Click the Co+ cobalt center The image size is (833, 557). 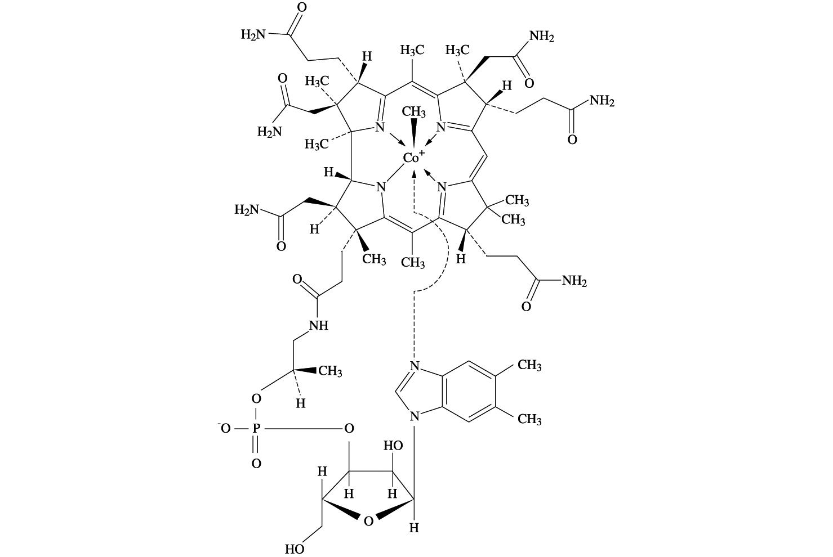pos(412,158)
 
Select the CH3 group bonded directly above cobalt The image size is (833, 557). pos(414,111)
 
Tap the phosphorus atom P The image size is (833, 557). pos(256,429)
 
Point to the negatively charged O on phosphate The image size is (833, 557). pos(225,429)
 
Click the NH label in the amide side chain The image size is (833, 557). pos(318,326)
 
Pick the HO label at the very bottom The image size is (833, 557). pos(295,549)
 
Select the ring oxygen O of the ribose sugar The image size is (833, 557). pos(368,521)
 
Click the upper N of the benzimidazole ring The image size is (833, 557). pos(415,366)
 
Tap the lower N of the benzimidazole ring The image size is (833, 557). pos(415,417)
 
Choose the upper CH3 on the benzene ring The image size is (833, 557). pos(529,366)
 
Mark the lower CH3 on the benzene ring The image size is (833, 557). pos(529,419)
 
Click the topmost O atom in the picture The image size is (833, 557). pos(301,8)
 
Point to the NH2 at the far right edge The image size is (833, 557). pos(602,101)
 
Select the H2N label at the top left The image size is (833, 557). pos(253,35)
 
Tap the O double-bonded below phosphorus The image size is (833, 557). pos(256,464)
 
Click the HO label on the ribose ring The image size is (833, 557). pos(393,446)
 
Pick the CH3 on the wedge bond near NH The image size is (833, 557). pos(330,371)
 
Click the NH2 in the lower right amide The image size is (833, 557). pos(574,281)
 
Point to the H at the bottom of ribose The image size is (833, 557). pos(414,528)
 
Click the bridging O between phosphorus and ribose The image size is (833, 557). pos(349,429)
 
